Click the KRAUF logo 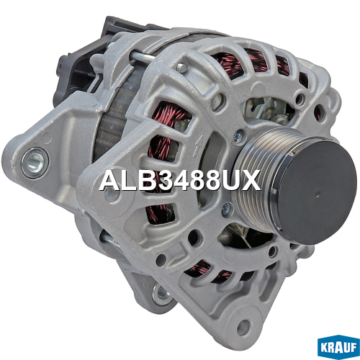pyautogui.click(x=338, y=347)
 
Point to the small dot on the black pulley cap pyautogui.click(x=318, y=192)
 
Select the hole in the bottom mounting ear pyautogui.click(x=243, y=328)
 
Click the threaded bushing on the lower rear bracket pyautogui.click(x=161, y=293)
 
